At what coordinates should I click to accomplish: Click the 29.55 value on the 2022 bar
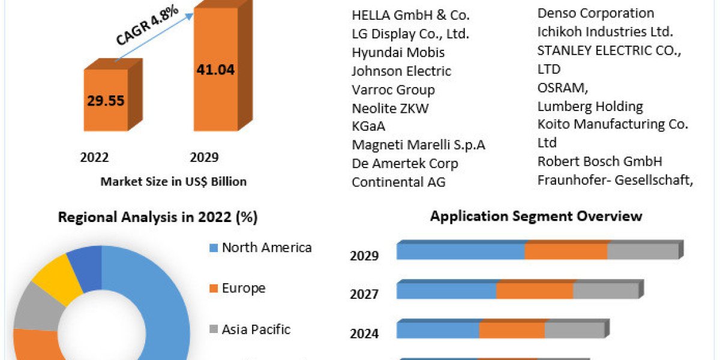(106, 100)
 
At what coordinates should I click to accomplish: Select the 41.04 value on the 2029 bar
(215, 70)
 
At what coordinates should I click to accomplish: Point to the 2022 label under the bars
(94, 158)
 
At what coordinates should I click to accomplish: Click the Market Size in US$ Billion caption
(173, 181)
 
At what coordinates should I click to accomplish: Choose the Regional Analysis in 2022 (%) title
(158, 217)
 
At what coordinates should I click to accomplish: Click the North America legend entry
(266, 247)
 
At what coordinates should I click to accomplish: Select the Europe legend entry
(243, 288)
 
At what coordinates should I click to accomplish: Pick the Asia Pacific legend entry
(256, 329)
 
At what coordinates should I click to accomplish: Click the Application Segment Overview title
(536, 216)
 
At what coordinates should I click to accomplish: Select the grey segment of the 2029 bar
(643, 251)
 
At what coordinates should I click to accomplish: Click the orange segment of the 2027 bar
(535, 290)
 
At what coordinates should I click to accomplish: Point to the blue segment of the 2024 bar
(437, 330)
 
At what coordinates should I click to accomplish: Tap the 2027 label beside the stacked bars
(364, 294)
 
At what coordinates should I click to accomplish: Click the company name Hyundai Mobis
(398, 52)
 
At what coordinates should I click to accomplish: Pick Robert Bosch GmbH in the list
(599, 161)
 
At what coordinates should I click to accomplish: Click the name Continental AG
(398, 182)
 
